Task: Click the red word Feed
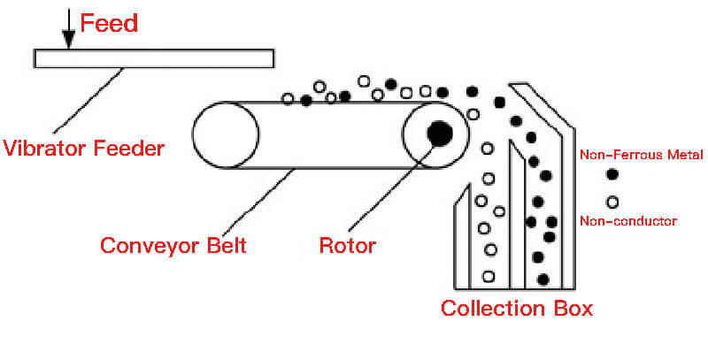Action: [109, 23]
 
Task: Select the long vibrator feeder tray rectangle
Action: [153, 58]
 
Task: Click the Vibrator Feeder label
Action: [83, 149]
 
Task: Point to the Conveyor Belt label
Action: [172, 245]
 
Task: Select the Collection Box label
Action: [516, 309]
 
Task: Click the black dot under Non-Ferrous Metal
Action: [611, 174]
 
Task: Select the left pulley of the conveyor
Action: [219, 135]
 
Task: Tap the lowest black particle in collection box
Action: [543, 280]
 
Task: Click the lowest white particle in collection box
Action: [488, 277]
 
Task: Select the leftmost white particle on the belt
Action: [288, 98]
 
